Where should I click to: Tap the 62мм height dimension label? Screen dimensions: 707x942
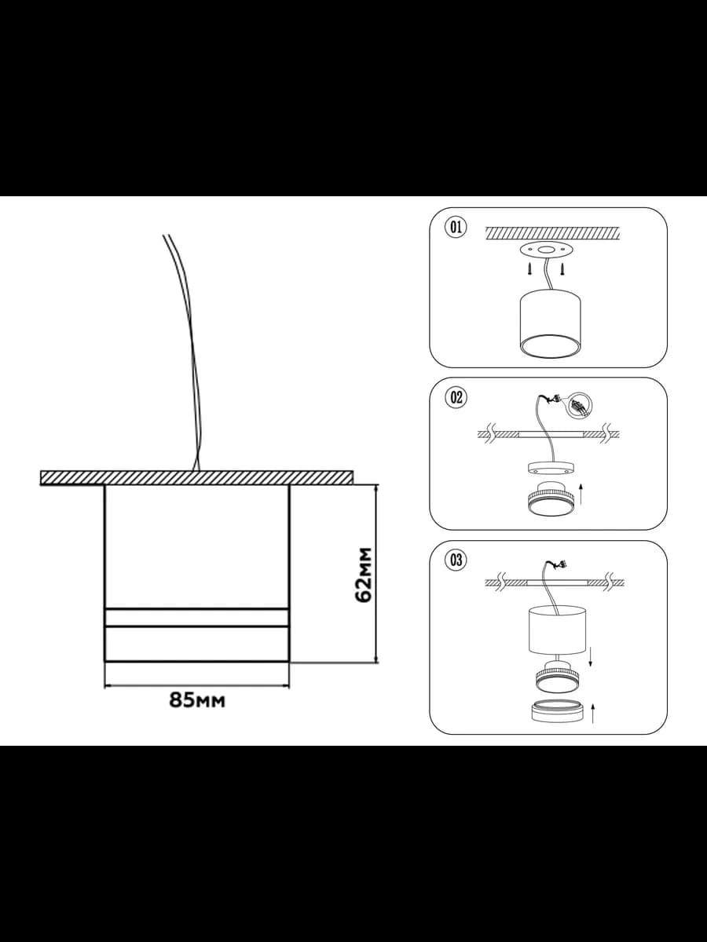point(364,575)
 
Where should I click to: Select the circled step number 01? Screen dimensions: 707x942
point(456,227)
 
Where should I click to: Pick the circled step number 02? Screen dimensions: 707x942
point(456,397)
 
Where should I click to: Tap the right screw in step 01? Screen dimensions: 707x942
point(562,270)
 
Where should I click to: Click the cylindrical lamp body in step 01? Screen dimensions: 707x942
point(551,325)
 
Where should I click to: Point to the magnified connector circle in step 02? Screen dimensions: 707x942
point(579,405)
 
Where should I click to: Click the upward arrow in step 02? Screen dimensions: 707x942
point(581,495)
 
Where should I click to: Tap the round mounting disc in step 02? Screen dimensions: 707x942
point(551,468)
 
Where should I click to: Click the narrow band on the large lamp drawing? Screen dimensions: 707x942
point(197,617)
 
